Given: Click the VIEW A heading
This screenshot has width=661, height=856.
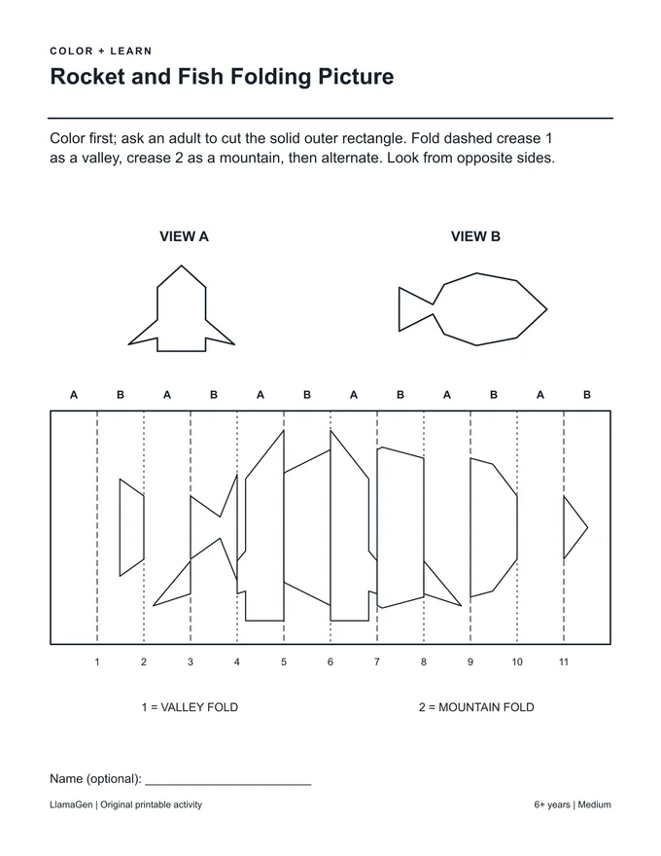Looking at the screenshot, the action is click(x=184, y=236).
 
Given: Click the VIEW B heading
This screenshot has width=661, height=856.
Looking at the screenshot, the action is click(x=475, y=236).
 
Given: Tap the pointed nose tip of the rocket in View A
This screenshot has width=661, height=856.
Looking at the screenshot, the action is click(x=182, y=266).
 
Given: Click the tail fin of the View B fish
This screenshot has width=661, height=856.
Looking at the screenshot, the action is click(x=414, y=309).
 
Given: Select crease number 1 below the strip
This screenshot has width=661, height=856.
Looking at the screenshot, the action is click(x=97, y=662).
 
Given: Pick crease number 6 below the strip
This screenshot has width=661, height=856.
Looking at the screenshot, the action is click(x=330, y=662).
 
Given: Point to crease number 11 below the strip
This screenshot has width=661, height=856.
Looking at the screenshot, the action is click(x=564, y=662).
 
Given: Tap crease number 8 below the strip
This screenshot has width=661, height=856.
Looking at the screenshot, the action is click(x=423, y=662).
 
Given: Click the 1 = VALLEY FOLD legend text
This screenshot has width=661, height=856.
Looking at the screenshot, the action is click(x=190, y=707).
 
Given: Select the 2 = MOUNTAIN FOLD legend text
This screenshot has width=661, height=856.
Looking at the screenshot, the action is click(x=476, y=707).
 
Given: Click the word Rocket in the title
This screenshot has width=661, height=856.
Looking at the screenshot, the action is click(x=87, y=77).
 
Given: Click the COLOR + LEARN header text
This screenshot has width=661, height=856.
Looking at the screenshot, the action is click(x=101, y=52).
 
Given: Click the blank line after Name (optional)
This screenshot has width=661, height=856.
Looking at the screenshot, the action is click(x=228, y=784).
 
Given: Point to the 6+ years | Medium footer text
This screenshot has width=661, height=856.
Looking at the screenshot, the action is click(x=573, y=804).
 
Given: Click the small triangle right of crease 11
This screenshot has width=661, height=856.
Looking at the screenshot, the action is click(x=573, y=527).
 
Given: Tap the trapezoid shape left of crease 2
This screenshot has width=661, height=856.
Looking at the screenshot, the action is click(x=131, y=527).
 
